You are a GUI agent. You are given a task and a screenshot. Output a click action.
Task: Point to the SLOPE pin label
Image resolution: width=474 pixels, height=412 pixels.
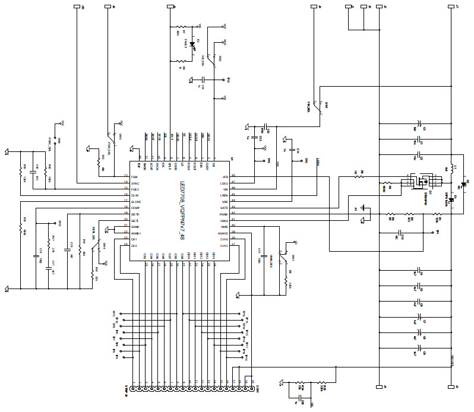pos(135,202)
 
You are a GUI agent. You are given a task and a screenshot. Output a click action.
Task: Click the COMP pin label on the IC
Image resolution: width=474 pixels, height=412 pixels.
pos(135,208)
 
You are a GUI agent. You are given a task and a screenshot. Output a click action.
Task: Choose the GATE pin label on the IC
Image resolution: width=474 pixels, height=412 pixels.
pos(224,208)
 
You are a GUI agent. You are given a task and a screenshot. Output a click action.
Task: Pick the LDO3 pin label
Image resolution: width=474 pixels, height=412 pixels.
pos(224,183)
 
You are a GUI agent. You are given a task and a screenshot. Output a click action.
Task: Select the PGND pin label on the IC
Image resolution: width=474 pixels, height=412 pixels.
pos(224,214)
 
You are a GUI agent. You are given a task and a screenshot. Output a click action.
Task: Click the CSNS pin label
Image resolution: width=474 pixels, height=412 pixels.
pos(224,221)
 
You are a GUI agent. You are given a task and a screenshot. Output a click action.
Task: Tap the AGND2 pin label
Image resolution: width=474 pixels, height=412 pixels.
pos(223,233)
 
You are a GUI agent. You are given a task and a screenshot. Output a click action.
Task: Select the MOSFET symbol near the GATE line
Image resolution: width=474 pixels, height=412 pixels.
pos(420,182)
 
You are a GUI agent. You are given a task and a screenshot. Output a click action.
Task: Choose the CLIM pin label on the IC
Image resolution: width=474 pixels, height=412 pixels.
pos(135,195)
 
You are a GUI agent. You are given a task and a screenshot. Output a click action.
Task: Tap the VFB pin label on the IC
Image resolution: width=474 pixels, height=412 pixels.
pos(225,177)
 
